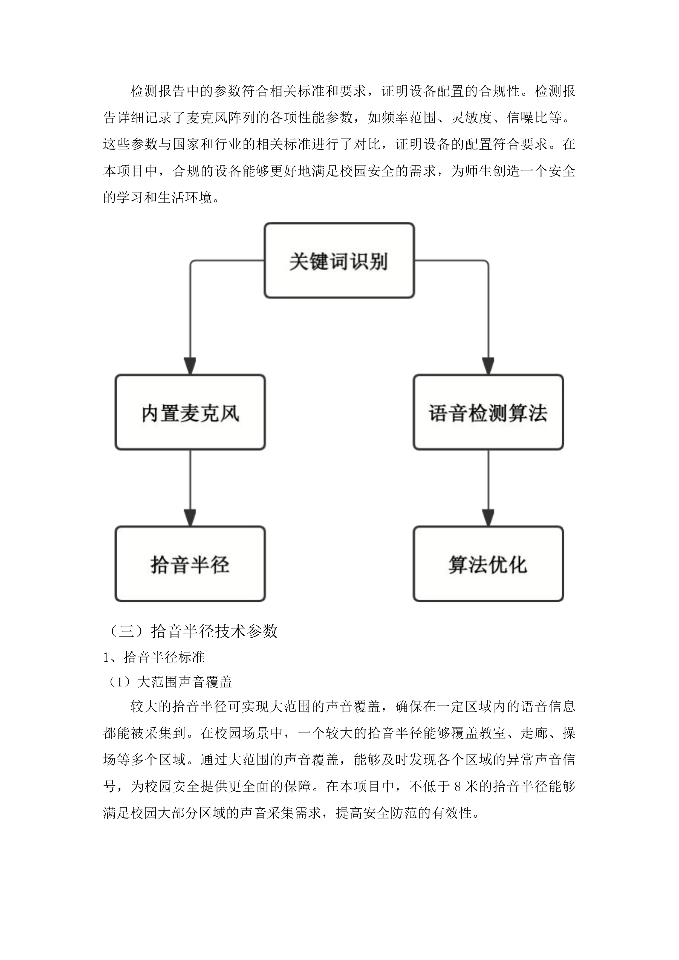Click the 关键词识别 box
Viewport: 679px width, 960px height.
[339, 261]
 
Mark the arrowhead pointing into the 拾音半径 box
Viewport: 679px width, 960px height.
[190, 518]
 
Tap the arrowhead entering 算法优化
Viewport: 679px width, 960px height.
[488, 518]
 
